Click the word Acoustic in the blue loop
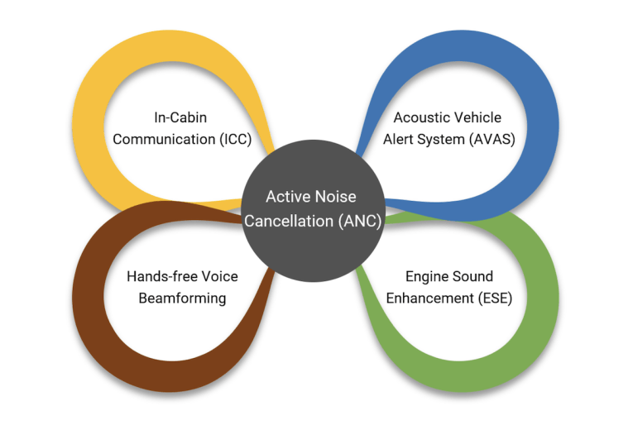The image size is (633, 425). [420, 117]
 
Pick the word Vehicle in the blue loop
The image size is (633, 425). [476, 117]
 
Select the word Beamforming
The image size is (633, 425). [181, 298]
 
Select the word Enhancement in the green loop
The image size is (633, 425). [427, 298]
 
